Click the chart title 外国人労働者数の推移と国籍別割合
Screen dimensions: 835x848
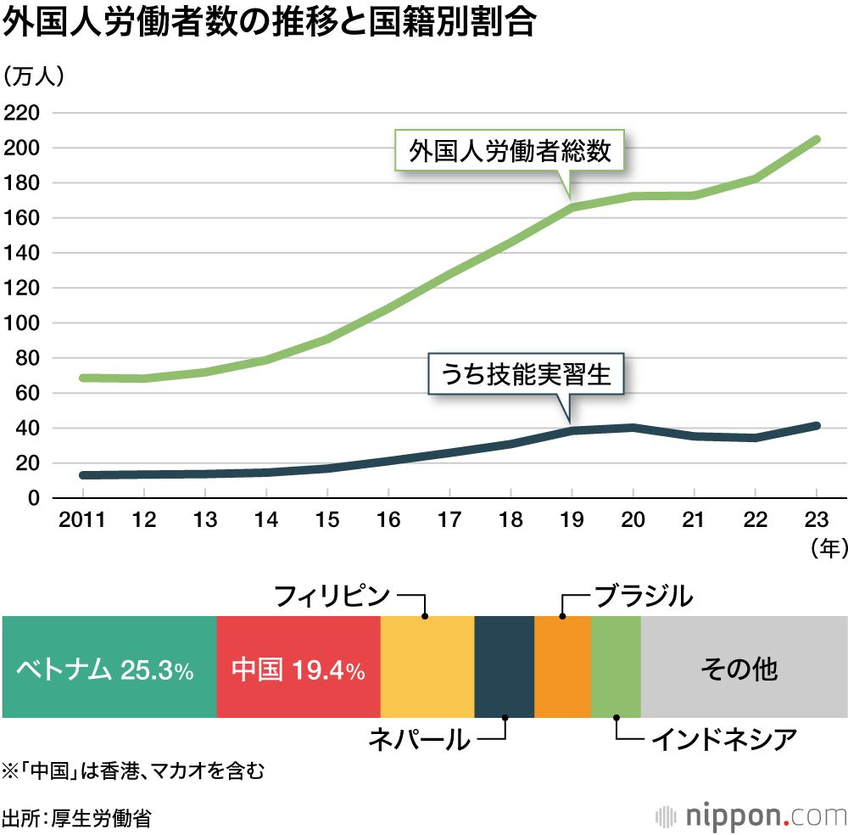coord(269,23)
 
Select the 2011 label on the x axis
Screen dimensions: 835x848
coord(82,520)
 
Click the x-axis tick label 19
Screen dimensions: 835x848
coord(572,520)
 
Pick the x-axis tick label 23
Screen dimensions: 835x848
coord(816,520)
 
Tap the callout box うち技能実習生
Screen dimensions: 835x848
coord(526,374)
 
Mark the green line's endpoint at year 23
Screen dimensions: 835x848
coord(816,139)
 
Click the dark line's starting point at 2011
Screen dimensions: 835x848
coord(82,474)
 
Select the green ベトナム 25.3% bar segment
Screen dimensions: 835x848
coord(109,667)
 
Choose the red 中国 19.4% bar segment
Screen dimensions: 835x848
coord(298,667)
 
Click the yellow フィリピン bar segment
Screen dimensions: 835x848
coord(427,667)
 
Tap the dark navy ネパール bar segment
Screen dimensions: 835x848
coord(504,667)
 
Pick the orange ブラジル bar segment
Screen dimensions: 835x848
coord(562,667)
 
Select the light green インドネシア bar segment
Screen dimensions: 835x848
coord(616,667)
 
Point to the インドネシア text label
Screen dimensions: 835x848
coord(723,740)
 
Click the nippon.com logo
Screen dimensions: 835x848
coord(751,815)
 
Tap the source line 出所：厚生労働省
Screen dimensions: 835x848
coord(77,818)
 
